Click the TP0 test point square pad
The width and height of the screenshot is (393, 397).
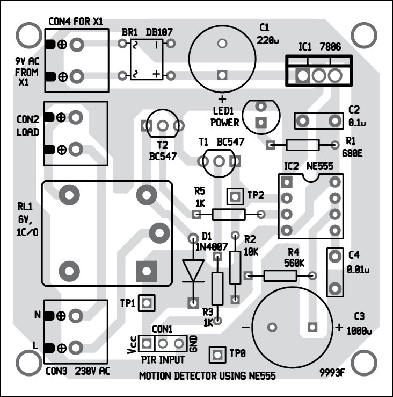217,354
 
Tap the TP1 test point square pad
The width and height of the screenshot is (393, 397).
146,303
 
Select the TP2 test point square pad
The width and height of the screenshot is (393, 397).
235,196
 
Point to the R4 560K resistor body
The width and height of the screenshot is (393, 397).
279,276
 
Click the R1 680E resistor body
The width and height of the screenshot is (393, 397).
302,145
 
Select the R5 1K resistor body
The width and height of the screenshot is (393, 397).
229,215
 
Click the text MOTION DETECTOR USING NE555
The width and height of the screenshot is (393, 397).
207,376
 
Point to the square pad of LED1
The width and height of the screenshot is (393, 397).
261,122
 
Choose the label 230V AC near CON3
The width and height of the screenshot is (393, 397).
93,371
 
